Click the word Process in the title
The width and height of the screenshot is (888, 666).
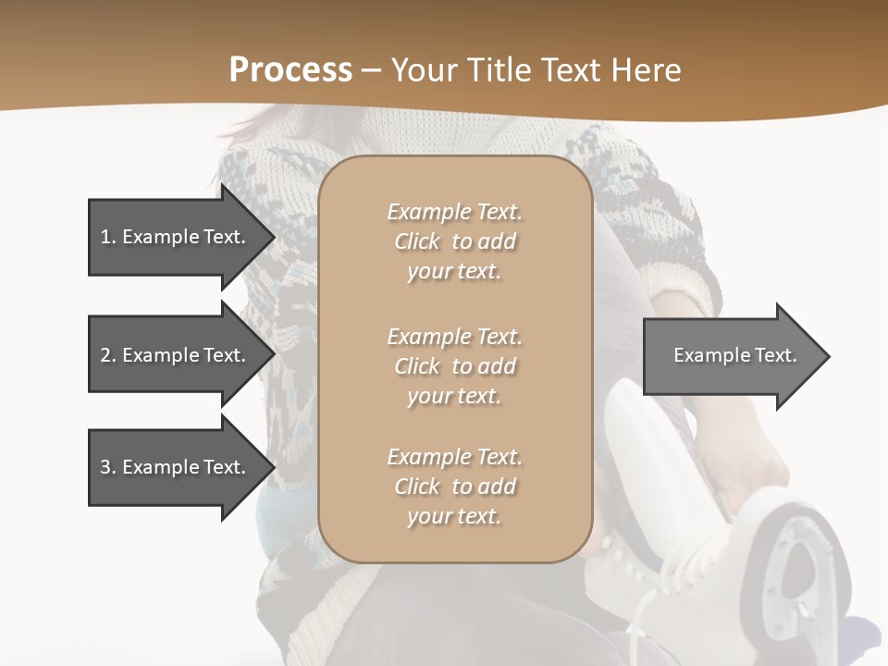click(290, 70)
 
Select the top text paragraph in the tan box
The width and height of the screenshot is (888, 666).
click(454, 241)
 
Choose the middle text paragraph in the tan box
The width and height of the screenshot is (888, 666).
click(454, 366)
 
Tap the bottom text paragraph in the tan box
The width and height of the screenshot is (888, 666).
click(454, 487)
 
